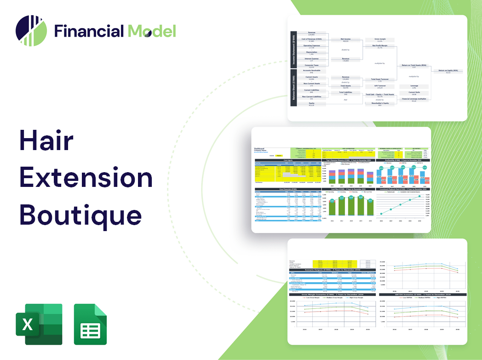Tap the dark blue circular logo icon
tap(31, 31)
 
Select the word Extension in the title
tap(86, 177)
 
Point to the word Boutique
tap(80, 215)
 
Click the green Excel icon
tap(39, 324)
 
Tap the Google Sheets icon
tap(90, 324)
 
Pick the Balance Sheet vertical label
tap(293, 88)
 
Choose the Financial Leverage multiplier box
tap(413, 99)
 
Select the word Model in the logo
tap(152, 31)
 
